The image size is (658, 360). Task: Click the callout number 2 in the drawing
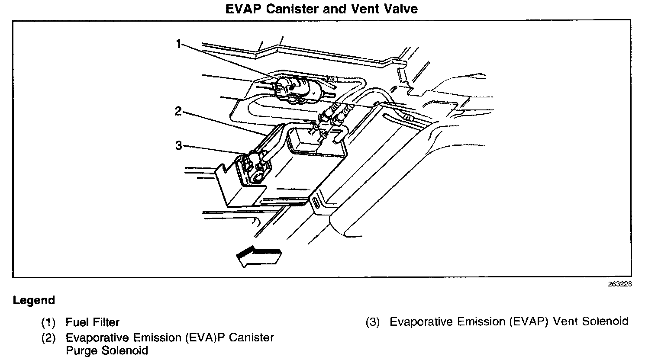(178, 112)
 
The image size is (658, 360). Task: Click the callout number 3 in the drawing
(178, 145)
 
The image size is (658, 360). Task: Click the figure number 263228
(619, 284)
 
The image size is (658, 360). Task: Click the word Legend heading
(34, 300)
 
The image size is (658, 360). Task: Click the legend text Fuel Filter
(92, 322)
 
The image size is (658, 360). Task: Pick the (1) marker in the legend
(48, 322)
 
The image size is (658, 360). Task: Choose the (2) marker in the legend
(48, 337)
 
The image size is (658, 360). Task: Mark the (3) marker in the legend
(372, 322)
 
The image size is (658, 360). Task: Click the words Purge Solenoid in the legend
(107, 350)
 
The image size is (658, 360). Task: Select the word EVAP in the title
(244, 9)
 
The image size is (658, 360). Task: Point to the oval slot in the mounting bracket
(316, 203)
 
